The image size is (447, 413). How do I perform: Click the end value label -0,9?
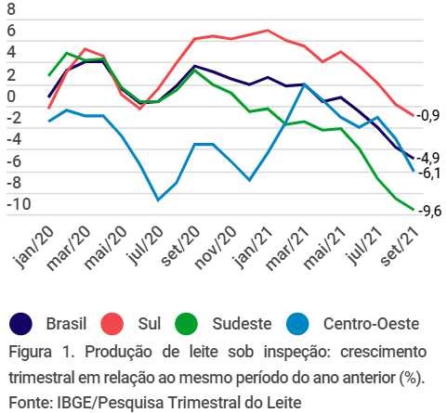428,116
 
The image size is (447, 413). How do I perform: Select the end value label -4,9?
428,157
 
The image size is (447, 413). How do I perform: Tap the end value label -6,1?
428,173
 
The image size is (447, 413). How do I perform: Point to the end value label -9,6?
428,211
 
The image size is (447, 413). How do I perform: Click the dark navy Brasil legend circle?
21,324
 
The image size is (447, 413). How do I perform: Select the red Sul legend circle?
113,324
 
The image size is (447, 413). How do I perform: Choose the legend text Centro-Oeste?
371,324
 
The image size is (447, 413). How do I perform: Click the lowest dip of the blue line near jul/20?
159,200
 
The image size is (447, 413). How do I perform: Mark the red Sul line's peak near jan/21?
268,31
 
